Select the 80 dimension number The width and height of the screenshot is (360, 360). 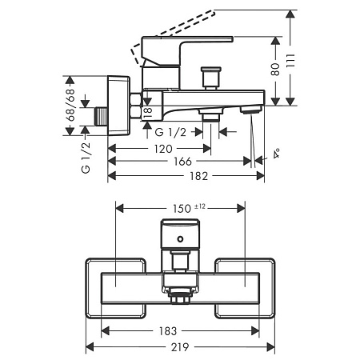275,70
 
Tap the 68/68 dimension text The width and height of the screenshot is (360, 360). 70,106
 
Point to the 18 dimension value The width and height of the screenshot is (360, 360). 148,113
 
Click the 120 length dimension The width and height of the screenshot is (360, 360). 163,149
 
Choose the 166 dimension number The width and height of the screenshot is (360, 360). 182,162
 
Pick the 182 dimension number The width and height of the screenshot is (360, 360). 198,176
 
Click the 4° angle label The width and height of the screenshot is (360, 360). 277,154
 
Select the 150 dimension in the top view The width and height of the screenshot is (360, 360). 182,209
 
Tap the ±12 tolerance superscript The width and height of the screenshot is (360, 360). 200,206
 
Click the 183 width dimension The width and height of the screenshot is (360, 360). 168,331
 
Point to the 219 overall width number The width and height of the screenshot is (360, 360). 180,347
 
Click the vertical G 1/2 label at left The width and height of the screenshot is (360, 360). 86,158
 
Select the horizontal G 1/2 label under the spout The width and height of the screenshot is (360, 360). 170,132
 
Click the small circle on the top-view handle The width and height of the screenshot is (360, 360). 181,238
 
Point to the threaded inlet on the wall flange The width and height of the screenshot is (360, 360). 102,116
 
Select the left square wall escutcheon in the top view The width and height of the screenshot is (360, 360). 115,288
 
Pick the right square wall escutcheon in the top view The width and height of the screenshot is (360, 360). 245,288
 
